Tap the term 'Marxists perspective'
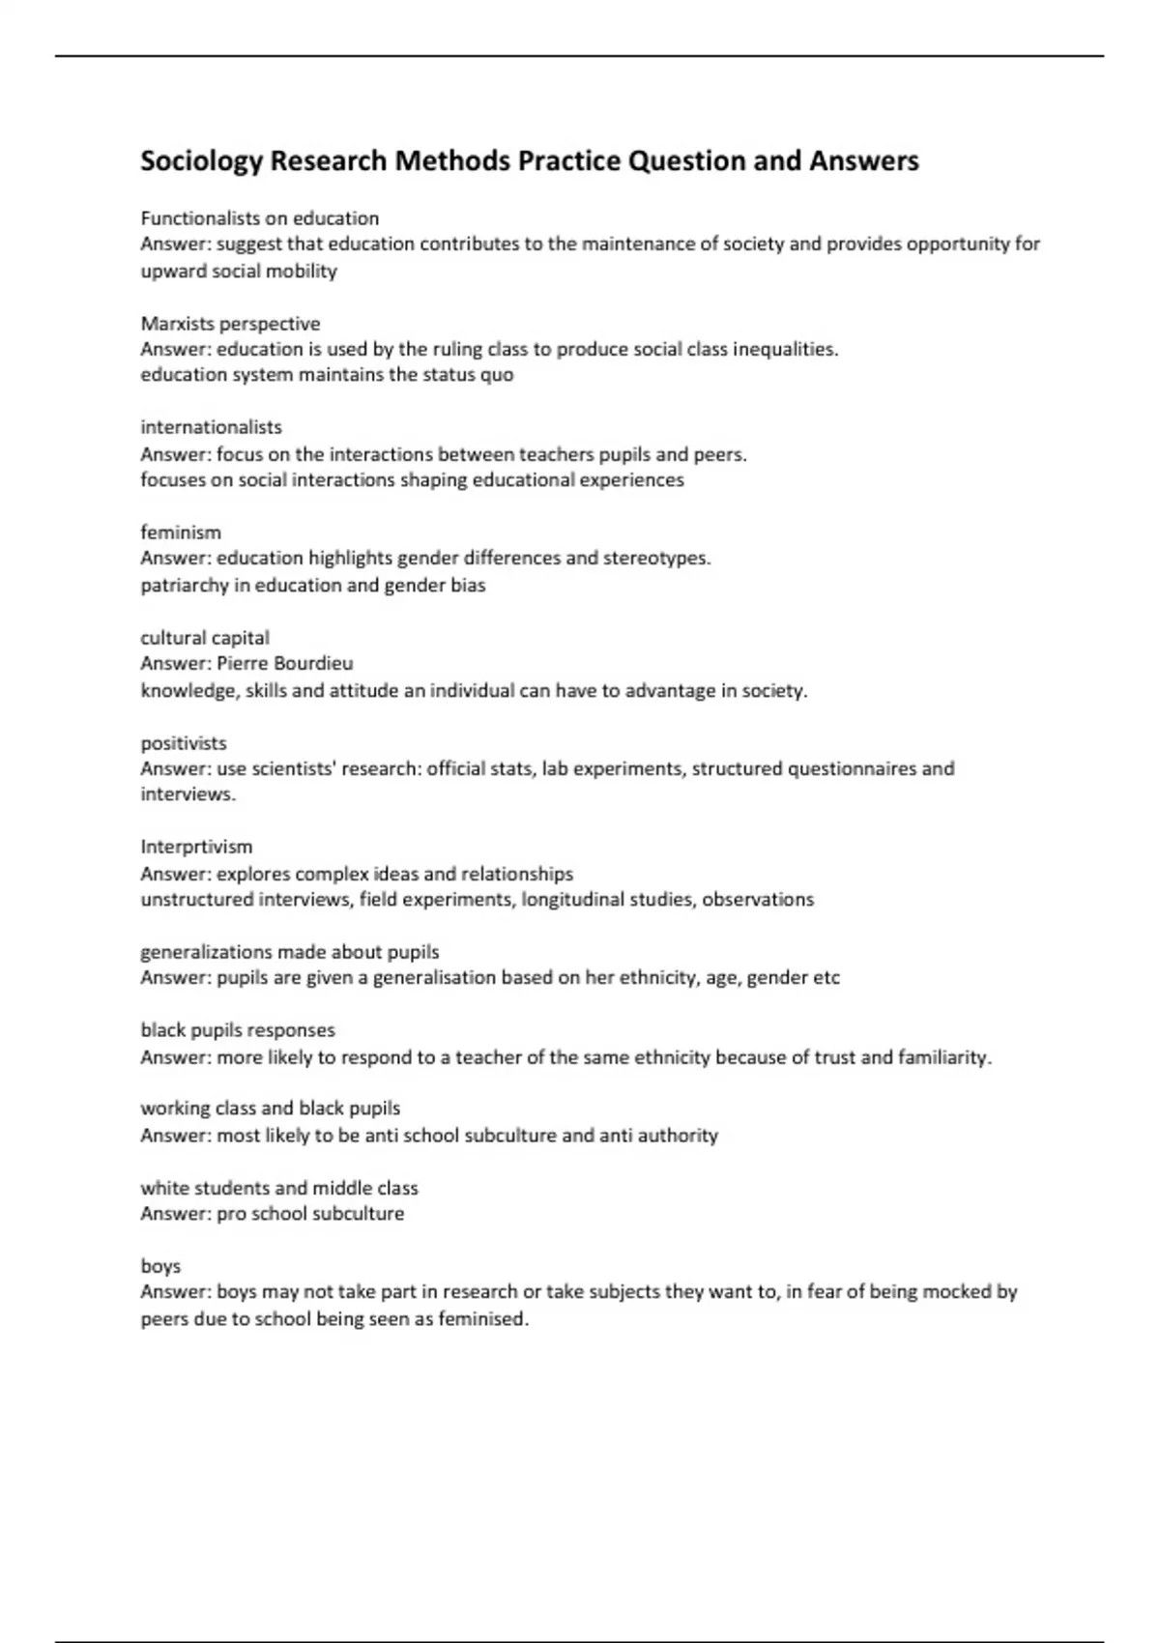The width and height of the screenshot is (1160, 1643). (x=230, y=324)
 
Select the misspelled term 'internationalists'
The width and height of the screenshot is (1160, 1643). (x=211, y=427)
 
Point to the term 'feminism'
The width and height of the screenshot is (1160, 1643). (x=181, y=533)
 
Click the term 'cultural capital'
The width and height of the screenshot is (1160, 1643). (x=205, y=638)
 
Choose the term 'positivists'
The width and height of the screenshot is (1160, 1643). (x=184, y=743)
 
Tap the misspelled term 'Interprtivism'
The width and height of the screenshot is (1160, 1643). (x=196, y=848)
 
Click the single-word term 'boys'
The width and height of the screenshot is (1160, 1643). (x=160, y=1266)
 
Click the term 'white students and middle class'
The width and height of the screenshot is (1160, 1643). (x=279, y=1188)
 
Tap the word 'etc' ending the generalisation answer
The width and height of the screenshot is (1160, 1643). (x=826, y=978)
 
